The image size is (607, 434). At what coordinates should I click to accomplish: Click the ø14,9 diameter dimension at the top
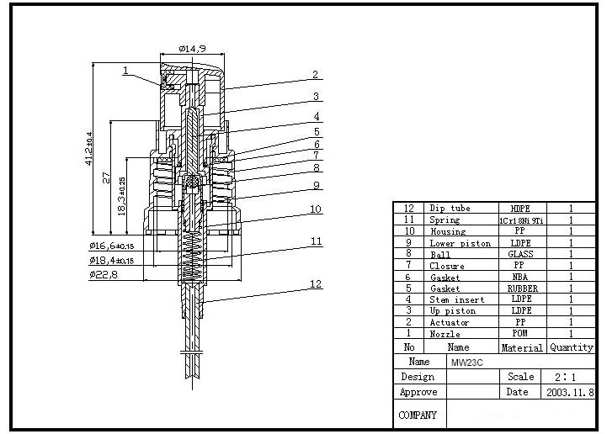[193, 49]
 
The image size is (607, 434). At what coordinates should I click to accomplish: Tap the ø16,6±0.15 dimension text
[111, 246]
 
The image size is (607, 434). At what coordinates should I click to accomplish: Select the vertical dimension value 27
[106, 178]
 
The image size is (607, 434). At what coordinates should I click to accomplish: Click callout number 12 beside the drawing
[316, 284]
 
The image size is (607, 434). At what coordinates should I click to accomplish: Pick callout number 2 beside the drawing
[316, 75]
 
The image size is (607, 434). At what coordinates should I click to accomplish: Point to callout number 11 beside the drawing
[316, 241]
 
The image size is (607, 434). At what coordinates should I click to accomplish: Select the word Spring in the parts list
[445, 220]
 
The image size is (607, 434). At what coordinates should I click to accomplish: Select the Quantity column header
[572, 347]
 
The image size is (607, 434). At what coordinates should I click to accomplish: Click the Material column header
[521, 347]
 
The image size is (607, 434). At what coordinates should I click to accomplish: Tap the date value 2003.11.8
[570, 392]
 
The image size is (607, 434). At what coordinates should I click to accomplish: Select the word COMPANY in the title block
[418, 415]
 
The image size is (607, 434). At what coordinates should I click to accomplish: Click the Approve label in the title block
[418, 392]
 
